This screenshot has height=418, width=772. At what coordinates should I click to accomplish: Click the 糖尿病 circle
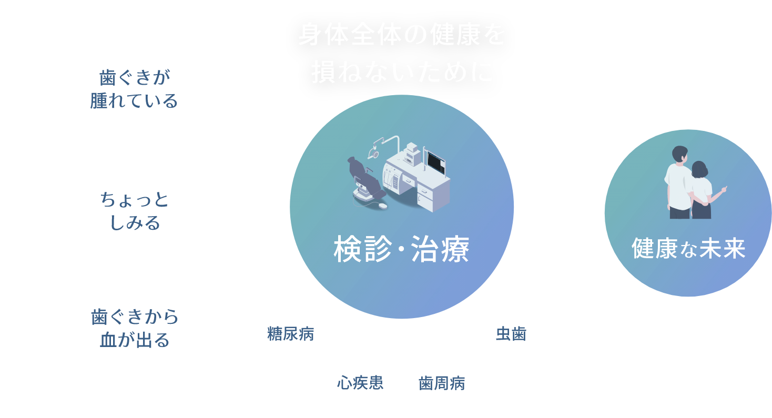291,334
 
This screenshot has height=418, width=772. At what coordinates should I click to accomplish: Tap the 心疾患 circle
360,382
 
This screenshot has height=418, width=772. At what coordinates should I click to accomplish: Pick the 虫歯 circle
512,334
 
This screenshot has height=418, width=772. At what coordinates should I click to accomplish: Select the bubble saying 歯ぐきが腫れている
134,89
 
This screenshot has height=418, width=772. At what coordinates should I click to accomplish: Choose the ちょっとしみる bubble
134,211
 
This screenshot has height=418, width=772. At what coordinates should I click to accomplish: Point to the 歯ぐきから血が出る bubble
135,328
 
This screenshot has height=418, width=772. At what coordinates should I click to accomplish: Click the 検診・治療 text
401,250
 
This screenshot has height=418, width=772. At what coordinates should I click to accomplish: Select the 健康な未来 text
688,249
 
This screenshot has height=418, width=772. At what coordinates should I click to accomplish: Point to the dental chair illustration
366,181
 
